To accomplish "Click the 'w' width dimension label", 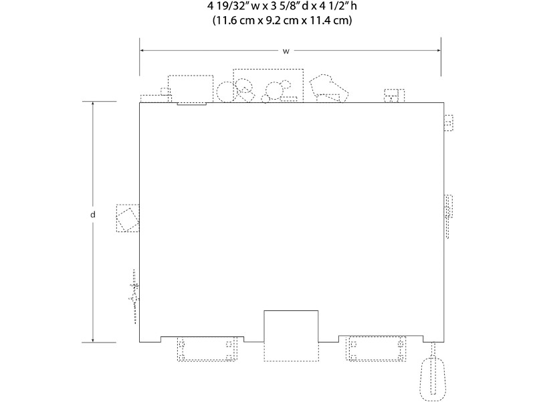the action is click(x=286, y=52).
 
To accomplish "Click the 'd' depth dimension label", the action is click(x=92, y=215).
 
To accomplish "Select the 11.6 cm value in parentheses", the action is click(x=235, y=21).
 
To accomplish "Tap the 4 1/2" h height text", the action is click(x=338, y=6).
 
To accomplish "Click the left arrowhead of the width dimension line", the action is click(x=142, y=51).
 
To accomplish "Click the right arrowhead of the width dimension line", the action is click(x=439, y=51).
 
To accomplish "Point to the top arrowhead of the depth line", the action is click(x=92, y=104).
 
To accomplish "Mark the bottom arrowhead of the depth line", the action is click(x=92, y=340).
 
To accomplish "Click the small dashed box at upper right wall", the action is click(x=448, y=123).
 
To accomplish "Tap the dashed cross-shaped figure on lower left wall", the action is click(x=134, y=296).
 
